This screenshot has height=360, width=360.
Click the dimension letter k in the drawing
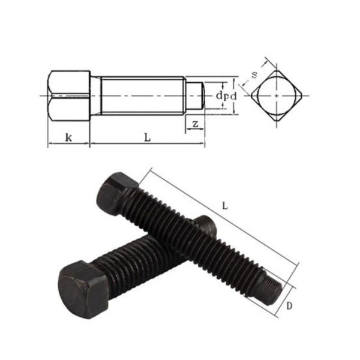click(x=68, y=137)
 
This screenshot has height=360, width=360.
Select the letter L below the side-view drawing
click(x=147, y=137)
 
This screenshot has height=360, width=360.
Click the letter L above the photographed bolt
click(x=224, y=205)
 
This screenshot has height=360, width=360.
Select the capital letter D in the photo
click(x=289, y=306)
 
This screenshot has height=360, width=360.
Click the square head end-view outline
click(x=277, y=96)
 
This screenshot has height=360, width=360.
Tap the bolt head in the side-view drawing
click(x=68, y=95)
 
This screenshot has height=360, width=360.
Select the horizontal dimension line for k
click(x=68, y=145)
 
